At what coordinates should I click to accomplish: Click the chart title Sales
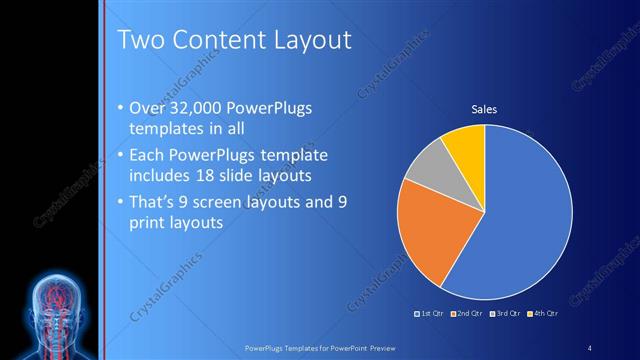click(x=484, y=109)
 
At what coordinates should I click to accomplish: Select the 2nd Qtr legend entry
click(x=468, y=313)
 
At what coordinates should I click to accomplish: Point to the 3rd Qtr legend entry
click(x=504, y=313)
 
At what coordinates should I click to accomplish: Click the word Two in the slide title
click(x=139, y=40)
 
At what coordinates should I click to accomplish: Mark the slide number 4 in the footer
click(x=590, y=347)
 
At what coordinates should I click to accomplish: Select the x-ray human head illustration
click(x=51, y=310)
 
